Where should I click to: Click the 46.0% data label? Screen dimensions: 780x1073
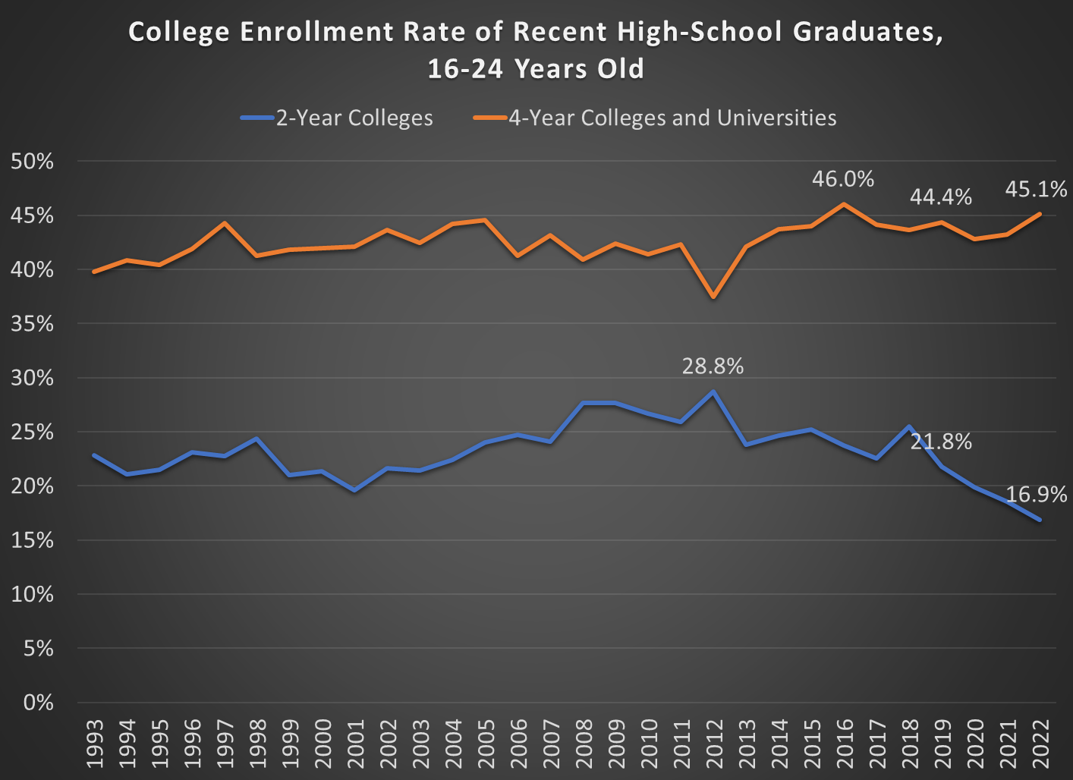click(842, 179)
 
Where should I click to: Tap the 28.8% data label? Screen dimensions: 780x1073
click(713, 366)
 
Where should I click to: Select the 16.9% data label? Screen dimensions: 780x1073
click(1036, 495)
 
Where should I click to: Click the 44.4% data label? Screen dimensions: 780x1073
click(940, 197)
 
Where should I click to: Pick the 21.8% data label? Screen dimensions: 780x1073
click(940, 442)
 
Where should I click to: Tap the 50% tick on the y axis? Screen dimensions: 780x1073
click(33, 162)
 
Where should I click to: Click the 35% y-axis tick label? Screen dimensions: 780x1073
click(33, 324)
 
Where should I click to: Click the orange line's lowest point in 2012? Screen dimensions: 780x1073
click(713, 297)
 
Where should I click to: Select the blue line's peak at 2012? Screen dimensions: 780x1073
click(713, 392)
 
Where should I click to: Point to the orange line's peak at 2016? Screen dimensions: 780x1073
click(843, 204)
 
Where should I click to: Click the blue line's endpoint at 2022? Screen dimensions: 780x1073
click(1039, 520)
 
